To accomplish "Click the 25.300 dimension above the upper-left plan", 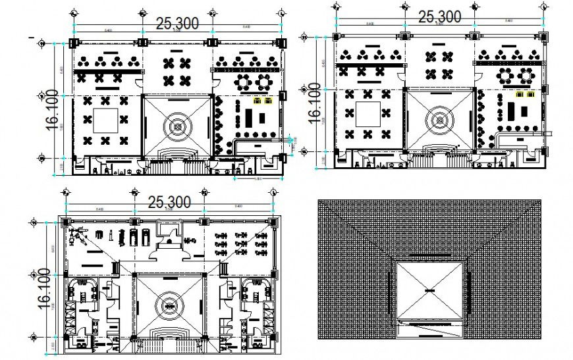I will pos(177,24).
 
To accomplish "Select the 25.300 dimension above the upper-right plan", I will pos(439,17).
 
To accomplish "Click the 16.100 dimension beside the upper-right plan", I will pos(314,101).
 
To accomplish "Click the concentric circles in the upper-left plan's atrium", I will pos(178,123).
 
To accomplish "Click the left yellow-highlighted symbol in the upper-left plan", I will pos(258,101).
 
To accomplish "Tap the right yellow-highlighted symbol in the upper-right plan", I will pos(528,95).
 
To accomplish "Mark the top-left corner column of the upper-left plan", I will pos(73,43).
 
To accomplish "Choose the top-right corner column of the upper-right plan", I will pos(543,37).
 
